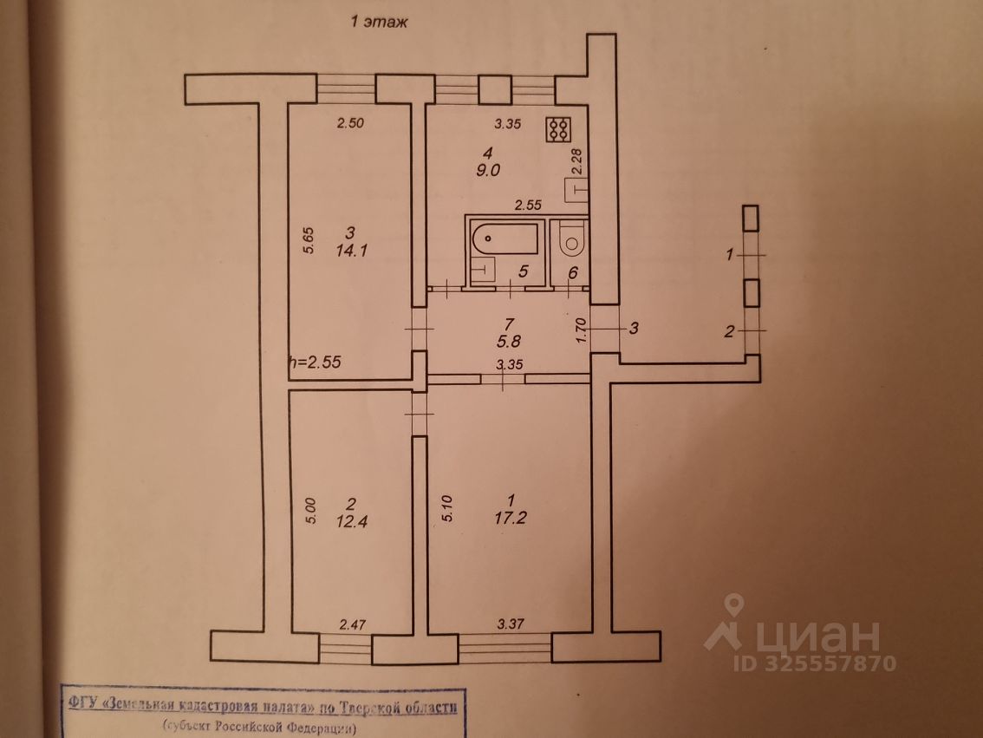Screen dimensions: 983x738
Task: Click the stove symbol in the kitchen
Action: click(x=558, y=129)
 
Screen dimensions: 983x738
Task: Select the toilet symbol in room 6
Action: click(x=571, y=239)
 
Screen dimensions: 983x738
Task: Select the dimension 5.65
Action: click(x=309, y=240)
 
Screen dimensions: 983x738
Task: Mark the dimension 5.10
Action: click(x=448, y=507)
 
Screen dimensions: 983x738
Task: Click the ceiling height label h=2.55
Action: click(x=316, y=363)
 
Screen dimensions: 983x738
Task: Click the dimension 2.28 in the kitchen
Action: click(x=576, y=162)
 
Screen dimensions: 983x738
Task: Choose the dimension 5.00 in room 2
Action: click(x=310, y=507)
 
